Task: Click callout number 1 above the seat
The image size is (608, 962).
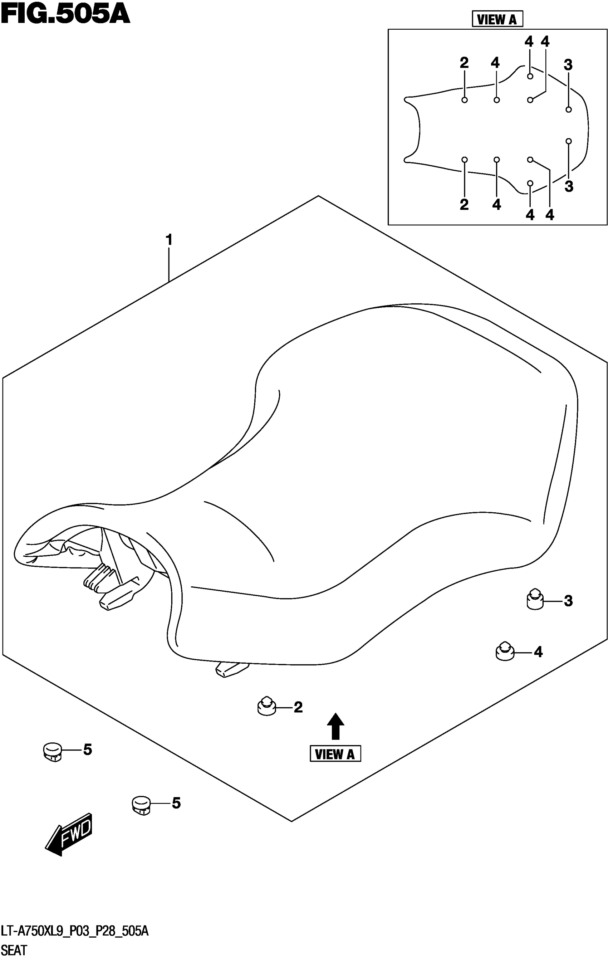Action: [x=169, y=240]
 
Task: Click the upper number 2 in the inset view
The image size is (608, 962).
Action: [x=464, y=63]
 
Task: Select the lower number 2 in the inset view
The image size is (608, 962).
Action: [x=464, y=205]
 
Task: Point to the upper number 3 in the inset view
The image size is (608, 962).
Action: [x=568, y=65]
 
